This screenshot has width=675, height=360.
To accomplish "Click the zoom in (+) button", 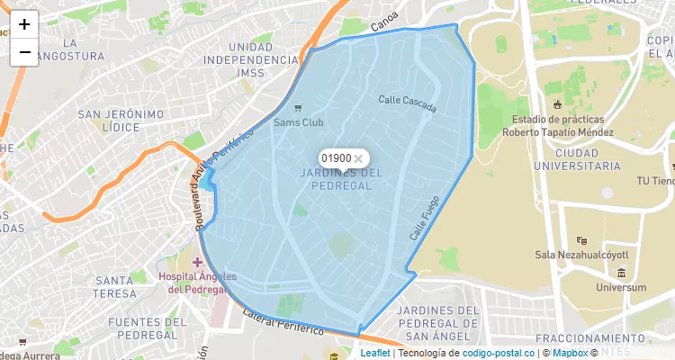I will click(24, 24).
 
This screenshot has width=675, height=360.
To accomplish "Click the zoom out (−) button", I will click(24, 52).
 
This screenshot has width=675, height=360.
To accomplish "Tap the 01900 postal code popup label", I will click(336, 158).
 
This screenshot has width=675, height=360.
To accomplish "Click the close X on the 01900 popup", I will click(358, 158).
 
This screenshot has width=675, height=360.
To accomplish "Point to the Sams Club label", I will click(299, 121).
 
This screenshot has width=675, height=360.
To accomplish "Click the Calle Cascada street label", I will click(407, 105).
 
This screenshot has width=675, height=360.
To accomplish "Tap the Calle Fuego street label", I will click(424, 218).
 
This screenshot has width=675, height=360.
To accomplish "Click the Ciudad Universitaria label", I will click(577, 159).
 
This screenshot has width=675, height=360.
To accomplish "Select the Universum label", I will click(620, 287).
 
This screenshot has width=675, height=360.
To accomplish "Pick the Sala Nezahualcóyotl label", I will click(581, 255).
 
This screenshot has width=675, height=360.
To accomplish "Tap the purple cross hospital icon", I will click(197, 262).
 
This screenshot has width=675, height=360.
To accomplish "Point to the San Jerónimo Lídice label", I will click(121, 121).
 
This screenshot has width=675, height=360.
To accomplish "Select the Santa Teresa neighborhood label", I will click(115, 287).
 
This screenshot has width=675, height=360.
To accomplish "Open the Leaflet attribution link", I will click(375, 353).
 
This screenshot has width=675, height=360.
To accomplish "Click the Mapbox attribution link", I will click(570, 353).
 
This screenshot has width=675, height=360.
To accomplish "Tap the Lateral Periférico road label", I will click(283, 323).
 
